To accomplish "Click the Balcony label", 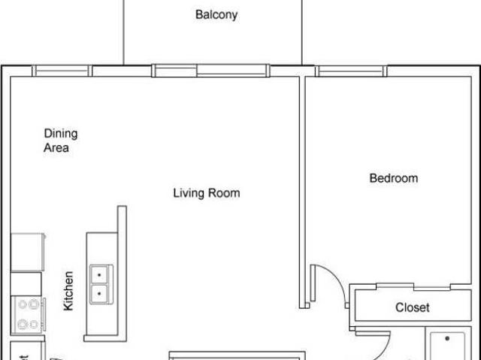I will pos(216,14).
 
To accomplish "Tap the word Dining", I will pos(60,134).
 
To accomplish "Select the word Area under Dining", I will pos(56,148).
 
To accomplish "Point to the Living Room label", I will pos(207,193).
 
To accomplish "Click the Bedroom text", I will pos(393,178).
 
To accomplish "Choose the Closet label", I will pos(412,307).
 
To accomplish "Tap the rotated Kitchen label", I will pos(68,291).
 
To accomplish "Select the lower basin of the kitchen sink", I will pos(99,294).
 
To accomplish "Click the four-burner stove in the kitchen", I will pos(29,314).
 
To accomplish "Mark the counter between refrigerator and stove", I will pos(26,283).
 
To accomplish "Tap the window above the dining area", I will pos(62,71).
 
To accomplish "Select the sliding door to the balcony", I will pos(210,71).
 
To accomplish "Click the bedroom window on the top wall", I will pos(351,71).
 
